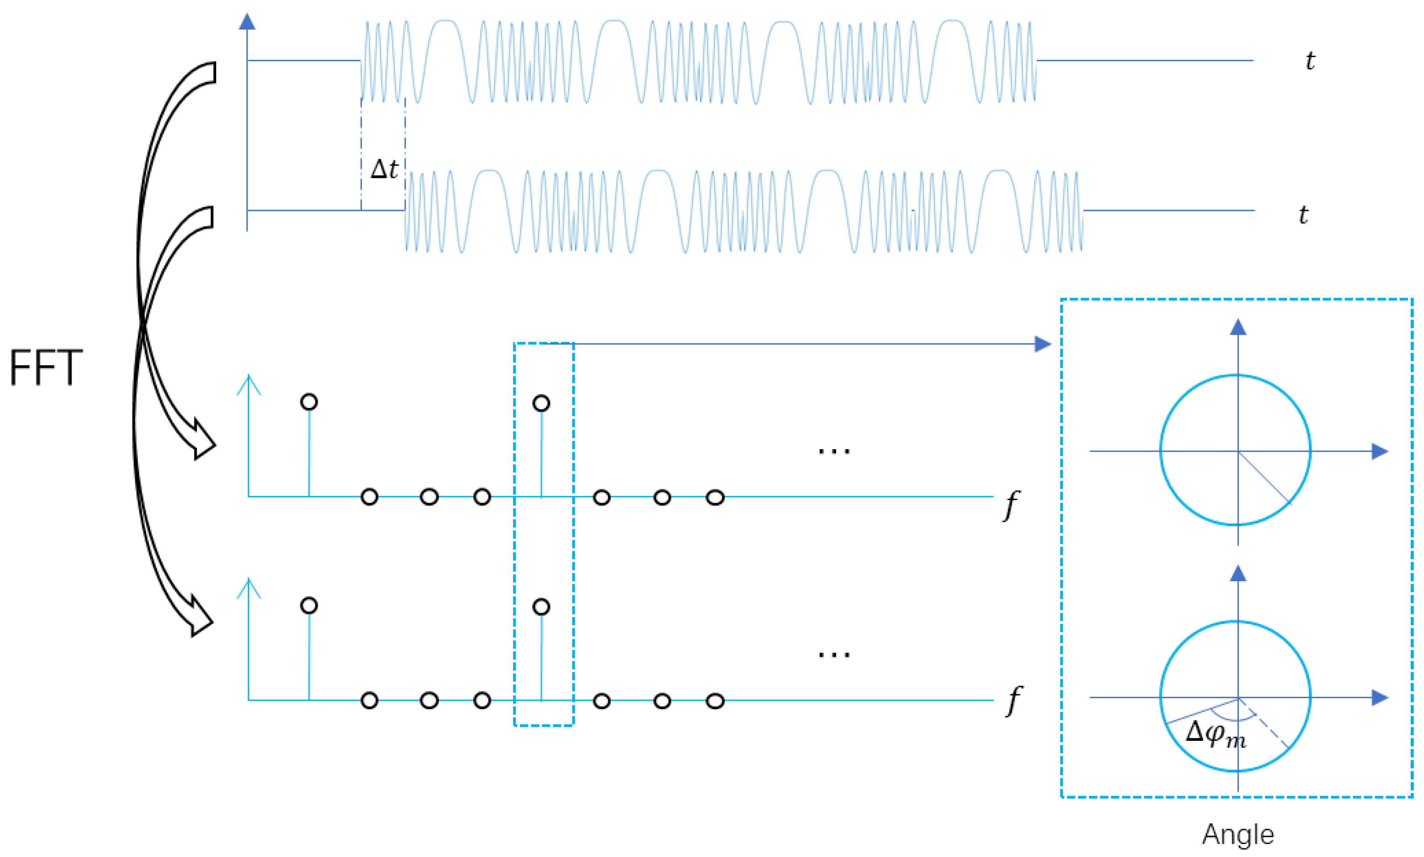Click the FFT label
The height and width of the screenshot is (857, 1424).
(x=46, y=367)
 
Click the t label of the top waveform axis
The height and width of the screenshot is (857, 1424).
(x=1310, y=61)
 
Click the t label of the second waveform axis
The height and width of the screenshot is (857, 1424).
(x=1303, y=214)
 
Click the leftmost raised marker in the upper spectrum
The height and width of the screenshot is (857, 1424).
(x=309, y=402)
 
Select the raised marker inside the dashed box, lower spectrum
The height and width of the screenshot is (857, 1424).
(x=541, y=606)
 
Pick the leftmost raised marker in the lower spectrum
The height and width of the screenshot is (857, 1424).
(x=309, y=605)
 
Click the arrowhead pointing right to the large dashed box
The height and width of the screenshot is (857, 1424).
(x=1042, y=344)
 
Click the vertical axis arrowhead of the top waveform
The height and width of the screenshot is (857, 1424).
(x=247, y=22)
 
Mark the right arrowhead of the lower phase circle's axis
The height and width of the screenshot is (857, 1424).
(x=1379, y=697)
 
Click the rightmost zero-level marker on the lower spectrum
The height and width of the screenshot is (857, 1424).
(x=715, y=701)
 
